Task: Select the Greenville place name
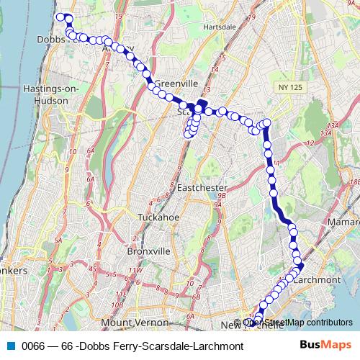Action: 171,82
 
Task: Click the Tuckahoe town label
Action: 158,216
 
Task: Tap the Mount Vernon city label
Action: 130,323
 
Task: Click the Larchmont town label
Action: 317,279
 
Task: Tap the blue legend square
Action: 11,346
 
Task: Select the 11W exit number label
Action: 135,271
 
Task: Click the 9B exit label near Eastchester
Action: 222,195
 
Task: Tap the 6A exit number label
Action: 91,152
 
